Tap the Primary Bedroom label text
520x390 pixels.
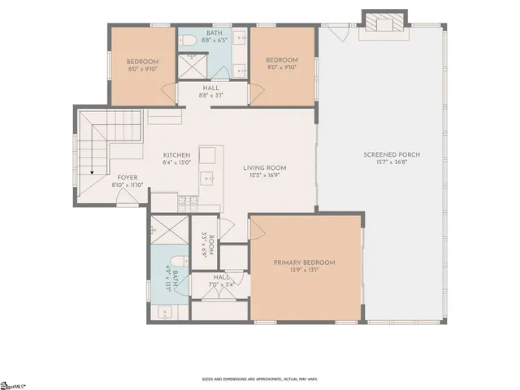pos(305,262)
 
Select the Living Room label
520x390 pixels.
pos(265,168)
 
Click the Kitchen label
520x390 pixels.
pos(176,155)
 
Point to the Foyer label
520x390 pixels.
pos(127,176)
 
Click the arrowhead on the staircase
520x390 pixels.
pos(93,171)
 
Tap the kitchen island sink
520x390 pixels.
pos(209,176)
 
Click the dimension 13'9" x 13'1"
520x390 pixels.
pos(305,271)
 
